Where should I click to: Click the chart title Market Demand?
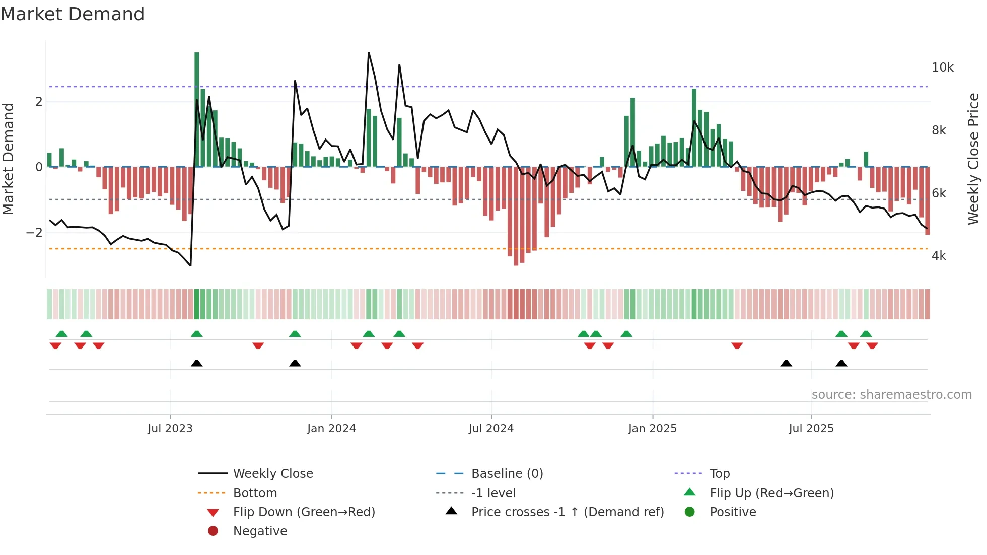tap(73, 14)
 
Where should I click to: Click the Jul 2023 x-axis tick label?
tap(170, 429)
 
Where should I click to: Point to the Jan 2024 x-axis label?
tap(331, 429)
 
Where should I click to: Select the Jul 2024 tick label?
tap(491, 429)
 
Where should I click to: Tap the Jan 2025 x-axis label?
tap(653, 429)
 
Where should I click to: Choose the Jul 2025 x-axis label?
tap(811, 429)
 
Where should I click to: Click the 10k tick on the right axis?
tap(942, 67)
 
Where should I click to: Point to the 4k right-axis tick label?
tap(939, 256)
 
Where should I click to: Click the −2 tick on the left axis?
tap(34, 233)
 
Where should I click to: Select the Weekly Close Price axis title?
tap(973, 159)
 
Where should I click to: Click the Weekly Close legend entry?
tap(272, 474)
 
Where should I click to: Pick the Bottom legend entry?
tap(255, 493)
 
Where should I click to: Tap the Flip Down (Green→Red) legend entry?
tap(304, 512)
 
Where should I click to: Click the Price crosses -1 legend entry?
tap(567, 512)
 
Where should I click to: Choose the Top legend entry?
tap(720, 474)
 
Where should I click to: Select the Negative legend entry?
tap(260, 531)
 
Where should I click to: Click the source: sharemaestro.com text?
tap(891, 395)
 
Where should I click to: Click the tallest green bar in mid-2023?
tap(197, 111)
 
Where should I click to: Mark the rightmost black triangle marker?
tap(841, 364)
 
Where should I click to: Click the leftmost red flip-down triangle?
tap(55, 345)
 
